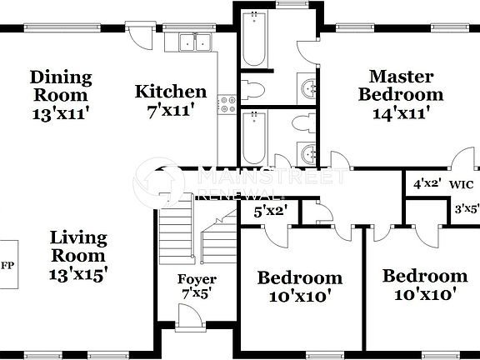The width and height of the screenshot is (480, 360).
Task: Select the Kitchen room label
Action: pos(171,92)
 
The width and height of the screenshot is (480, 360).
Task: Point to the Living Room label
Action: pos(77,246)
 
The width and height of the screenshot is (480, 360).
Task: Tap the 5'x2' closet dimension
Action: pos(270,211)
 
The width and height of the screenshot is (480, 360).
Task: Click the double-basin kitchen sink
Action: pos(196,42)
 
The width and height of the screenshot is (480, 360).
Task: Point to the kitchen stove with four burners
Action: pos(225,104)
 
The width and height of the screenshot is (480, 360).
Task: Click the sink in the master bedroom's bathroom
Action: pos(310,87)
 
